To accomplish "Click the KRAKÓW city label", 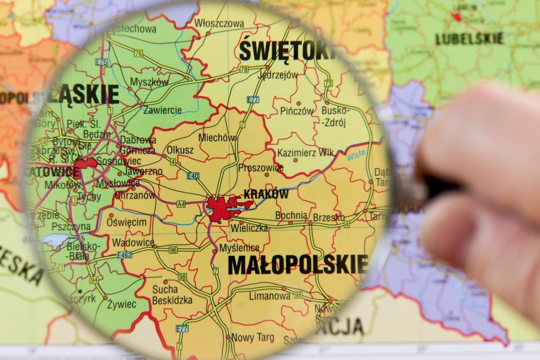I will (266, 194).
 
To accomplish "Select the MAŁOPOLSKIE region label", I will (298, 265).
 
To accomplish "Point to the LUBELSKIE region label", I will (469, 39).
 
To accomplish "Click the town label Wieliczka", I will (250, 228).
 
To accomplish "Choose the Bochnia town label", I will (291, 215).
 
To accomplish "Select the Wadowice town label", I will (133, 242).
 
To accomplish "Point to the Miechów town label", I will (217, 138).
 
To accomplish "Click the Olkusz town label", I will (179, 150).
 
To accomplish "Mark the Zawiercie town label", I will (162, 110).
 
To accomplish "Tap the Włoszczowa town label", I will (220, 24).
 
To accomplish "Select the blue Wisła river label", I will (356, 156).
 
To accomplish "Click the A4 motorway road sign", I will (181, 204).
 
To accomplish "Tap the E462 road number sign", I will (125, 255).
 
